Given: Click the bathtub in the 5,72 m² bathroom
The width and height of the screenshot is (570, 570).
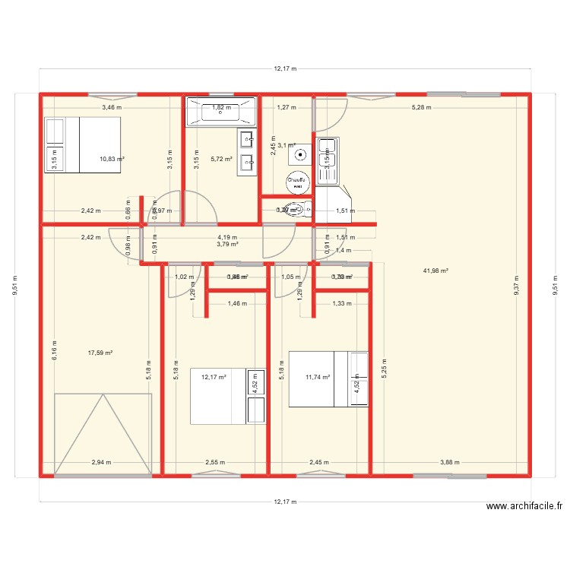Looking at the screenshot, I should [220, 112].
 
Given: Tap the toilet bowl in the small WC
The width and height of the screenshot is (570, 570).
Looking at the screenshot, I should [295, 210].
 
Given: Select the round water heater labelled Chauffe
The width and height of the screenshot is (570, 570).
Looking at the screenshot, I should [296, 182].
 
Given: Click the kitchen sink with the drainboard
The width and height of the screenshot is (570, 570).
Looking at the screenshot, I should [328, 161].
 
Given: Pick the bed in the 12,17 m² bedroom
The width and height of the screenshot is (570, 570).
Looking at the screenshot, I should [227, 396].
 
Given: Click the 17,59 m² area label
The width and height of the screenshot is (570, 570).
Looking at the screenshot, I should [100, 353].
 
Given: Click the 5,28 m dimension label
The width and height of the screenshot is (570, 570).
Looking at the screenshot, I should [421, 107].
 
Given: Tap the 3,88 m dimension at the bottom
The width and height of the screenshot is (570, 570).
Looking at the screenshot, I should [450, 462].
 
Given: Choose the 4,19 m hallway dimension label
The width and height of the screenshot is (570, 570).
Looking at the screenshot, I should [227, 237].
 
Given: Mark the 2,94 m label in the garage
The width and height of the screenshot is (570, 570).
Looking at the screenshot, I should [102, 462].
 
